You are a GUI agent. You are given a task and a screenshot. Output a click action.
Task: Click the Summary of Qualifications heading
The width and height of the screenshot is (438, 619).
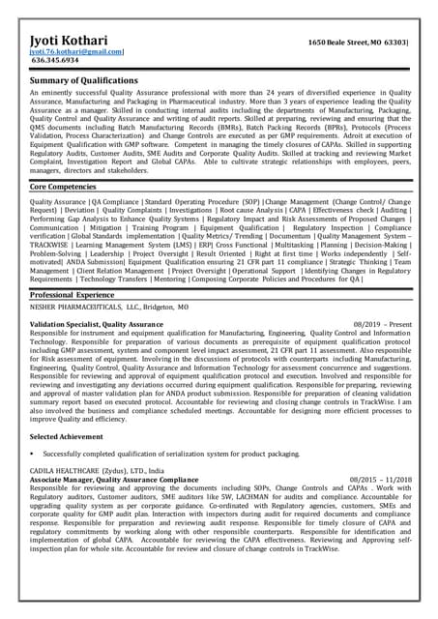[x=84, y=80]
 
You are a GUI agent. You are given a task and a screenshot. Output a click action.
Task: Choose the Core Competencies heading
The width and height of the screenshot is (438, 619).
[x=63, y=185]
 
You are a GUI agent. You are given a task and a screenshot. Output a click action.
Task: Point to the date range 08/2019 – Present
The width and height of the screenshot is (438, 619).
[x=383, y=323]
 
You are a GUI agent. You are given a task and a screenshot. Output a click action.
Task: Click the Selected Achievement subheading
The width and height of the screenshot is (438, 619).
[x=70, y=437]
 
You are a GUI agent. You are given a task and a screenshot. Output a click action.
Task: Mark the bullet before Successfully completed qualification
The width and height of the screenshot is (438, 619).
[x=33, y=454]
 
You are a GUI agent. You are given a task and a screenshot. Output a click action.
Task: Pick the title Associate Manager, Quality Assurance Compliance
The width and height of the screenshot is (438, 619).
[x=114, y=480]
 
